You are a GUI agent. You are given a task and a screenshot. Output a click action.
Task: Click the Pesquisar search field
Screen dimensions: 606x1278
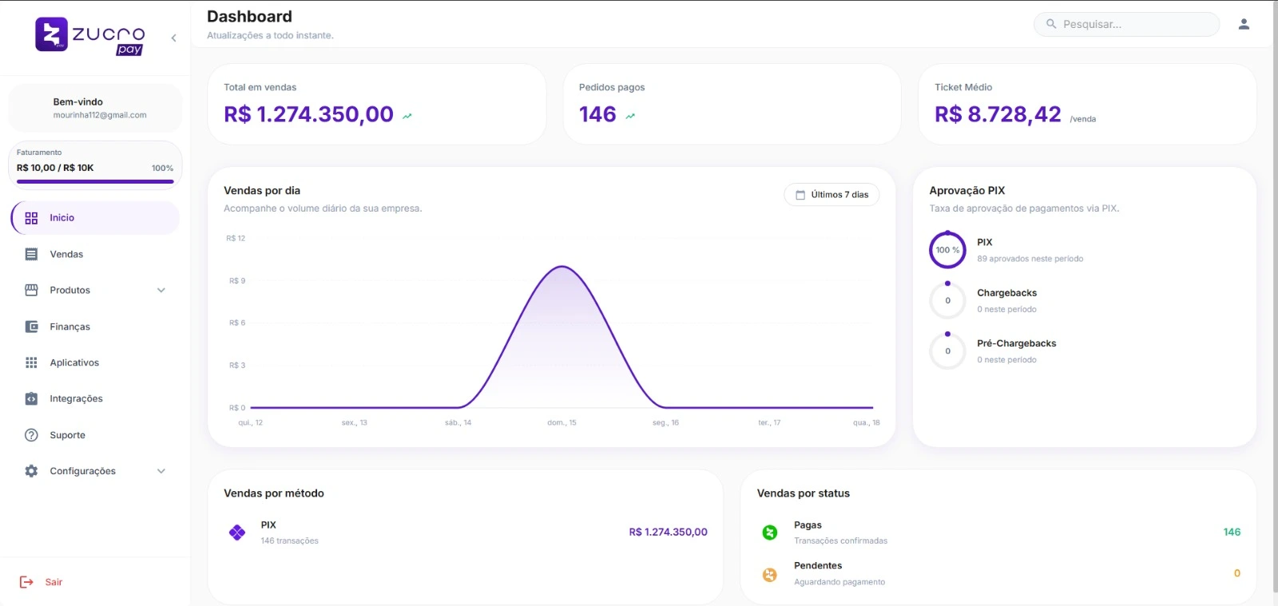click(x=1126, y=25)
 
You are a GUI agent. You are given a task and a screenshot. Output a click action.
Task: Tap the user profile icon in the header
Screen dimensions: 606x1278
click(x=1244, y=24)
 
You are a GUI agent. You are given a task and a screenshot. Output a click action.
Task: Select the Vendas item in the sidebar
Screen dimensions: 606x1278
click(x=66, y=255)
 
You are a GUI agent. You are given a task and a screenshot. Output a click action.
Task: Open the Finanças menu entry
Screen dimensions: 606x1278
click(x=69, y=327)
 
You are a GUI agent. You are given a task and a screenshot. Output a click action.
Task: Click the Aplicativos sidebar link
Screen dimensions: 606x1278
click(x=74, y=362)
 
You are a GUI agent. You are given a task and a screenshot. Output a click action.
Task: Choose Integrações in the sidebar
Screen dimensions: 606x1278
click(x=76, y=398)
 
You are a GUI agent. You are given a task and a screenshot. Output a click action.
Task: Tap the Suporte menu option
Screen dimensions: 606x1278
click(x=67, y=435)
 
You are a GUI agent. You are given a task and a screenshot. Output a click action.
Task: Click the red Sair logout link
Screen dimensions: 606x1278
click(x=53, y=582)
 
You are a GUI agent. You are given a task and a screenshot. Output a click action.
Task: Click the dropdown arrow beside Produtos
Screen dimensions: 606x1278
click(x=161, y=291)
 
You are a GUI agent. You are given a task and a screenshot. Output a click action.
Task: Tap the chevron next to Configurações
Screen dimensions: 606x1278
click(x=161, y=471)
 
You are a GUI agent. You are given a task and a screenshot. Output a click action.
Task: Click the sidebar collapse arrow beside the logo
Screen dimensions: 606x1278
click(x=173, y=38)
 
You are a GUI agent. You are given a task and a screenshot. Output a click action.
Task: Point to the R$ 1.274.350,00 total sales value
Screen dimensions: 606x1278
click(x=308, y=115)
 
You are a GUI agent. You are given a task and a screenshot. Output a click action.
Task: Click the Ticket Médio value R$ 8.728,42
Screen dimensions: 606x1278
click(x=998, y=115)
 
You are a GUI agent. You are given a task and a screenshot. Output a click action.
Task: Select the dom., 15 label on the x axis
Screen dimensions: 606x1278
click(x=562, y=423)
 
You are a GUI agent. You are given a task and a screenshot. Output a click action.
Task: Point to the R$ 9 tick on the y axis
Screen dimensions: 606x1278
click(x=237, y=281)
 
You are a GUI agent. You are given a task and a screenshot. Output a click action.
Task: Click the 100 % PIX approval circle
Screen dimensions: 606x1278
click(x=947, y=250)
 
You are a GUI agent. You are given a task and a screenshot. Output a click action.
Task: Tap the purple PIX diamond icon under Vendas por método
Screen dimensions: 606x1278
click(x=237, y=533)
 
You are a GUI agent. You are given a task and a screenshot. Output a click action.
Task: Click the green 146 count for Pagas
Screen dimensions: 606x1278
click(x=1232, y=533)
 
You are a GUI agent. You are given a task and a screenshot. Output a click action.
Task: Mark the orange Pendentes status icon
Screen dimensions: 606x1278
click(x=769, y=574)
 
